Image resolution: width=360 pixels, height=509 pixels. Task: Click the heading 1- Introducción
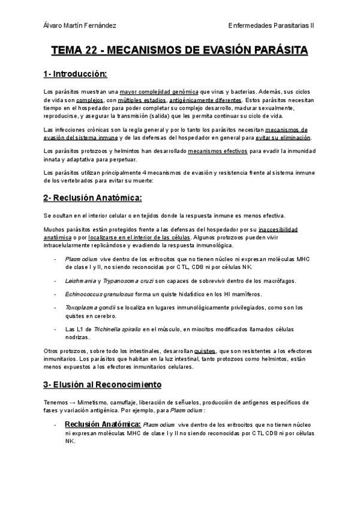(x=75, y=74)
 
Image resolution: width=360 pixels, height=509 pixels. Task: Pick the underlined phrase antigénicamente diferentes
(x=206, y=100)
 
